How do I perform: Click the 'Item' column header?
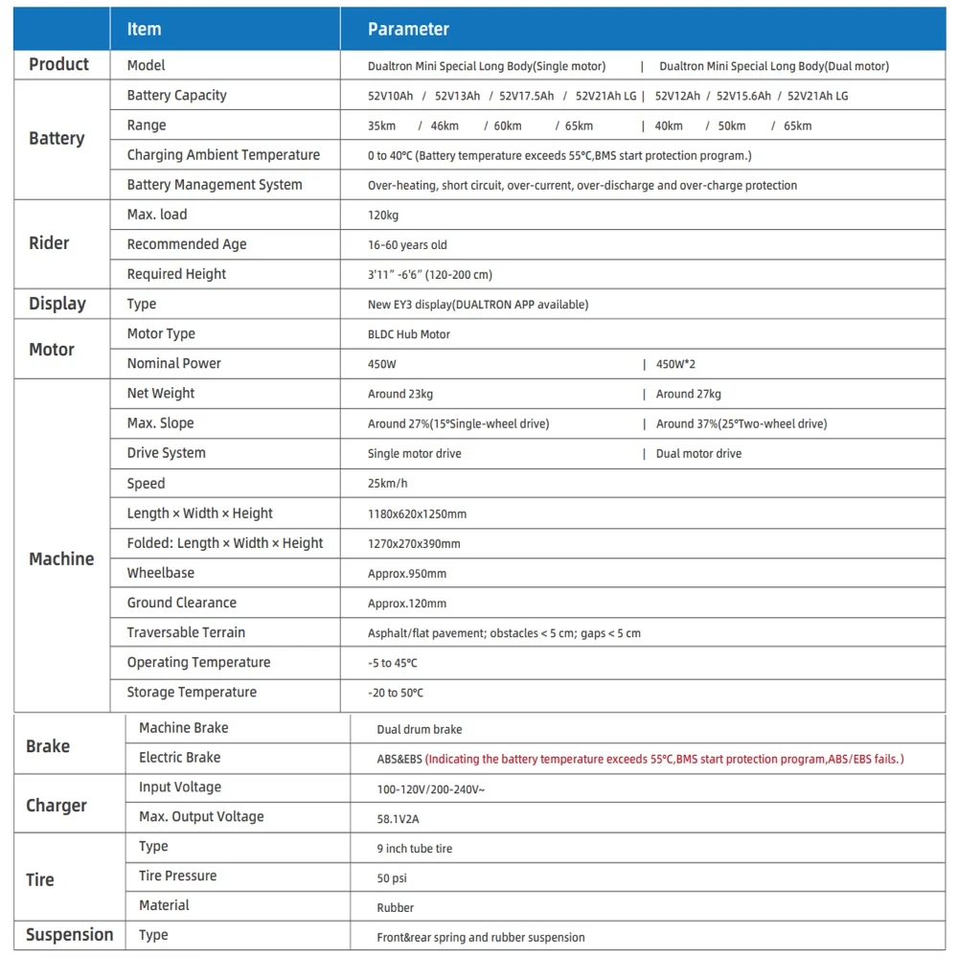(x=145, y=29)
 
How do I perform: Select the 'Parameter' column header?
(x=408, y=29)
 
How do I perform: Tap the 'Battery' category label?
(x=57, y=139)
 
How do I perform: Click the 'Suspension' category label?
(x=69, y=935)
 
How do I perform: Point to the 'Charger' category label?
(x=57, y=806)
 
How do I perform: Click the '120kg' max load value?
(x=383, y=216)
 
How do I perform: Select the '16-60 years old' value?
(x=407, y=245)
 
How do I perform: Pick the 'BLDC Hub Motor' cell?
(x=409, y=334)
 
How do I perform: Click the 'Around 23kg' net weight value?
(x=400, y=394)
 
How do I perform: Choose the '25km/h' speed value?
(x=388, y=484)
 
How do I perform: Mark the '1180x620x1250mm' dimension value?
(x=417, y=513)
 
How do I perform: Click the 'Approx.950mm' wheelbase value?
(x=407, y=574)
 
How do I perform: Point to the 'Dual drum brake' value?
(x=420, y=729)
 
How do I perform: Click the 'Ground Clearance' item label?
(x=182, y=603)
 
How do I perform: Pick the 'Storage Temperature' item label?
(x=192, y=692)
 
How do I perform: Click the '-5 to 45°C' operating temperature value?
(x=393, y=663)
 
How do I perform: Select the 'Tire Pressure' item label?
(x=177, y=876)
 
